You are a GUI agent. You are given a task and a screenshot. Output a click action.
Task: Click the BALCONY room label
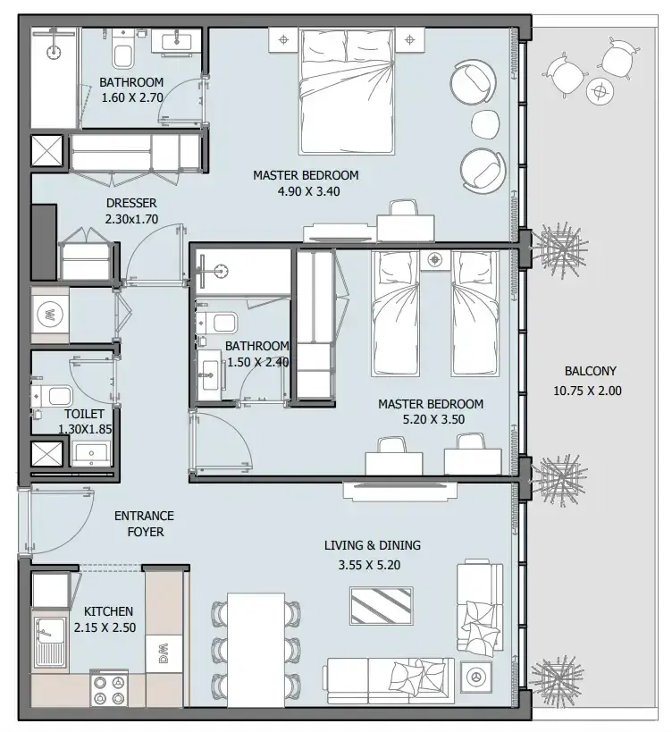point(591,371)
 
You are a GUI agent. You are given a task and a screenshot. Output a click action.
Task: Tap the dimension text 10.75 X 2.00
point(587,391)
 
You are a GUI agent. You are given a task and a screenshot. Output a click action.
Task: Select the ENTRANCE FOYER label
point(145,524)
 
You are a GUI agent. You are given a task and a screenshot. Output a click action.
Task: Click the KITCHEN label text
point(108,611)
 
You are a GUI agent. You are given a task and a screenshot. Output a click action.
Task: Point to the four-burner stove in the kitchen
point(109,689)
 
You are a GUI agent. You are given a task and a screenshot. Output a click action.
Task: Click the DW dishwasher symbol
point(164,653)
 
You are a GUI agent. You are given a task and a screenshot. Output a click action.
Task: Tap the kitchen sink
point(50,641)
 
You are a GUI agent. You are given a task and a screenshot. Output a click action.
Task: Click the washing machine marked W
point(50,315)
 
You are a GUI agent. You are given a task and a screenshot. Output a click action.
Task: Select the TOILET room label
point(84,414)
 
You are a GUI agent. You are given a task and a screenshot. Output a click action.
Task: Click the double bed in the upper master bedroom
point(346,91)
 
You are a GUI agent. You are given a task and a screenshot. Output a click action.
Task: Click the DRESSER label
point(131,203)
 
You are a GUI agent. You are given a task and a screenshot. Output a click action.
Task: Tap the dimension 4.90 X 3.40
point(308,191)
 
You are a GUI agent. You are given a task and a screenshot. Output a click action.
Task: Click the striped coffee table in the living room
point(382,606)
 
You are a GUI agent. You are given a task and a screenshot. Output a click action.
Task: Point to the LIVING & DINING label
point(373,545)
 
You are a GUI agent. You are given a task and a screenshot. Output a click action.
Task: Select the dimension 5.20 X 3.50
point(433,419)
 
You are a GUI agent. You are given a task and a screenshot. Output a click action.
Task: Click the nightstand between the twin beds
point(435,259)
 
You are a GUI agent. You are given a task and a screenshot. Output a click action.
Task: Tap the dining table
point(256,651)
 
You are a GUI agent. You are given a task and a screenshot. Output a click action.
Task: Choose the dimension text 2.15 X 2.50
point(105,627)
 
